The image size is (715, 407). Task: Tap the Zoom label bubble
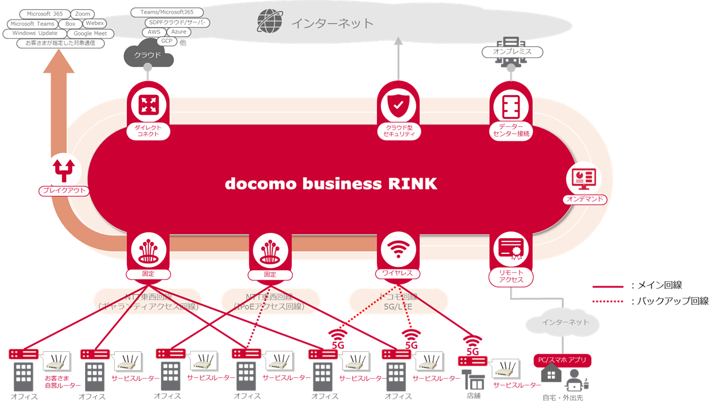pyautogui.click(x=82, y=14)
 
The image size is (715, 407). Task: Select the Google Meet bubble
pyautogui.click(x=90, y=33)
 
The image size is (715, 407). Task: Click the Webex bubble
pyautogui.click(x=95, y=23)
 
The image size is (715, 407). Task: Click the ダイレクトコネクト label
pyautogui.click(x=148, y=131)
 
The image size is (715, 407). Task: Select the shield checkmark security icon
pyautogui.click(x=398, y=104)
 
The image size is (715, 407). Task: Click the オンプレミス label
pyautogui.click(x=512, y=52)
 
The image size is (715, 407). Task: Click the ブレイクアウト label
pyautogui.click(x=64, y=191)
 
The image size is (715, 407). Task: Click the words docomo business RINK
pyautogui.click(x=331, y=184)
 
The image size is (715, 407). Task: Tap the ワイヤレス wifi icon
pyautogui.click(x=398, y=249)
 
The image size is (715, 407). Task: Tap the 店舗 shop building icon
pyautogui.click(x=473, y=381)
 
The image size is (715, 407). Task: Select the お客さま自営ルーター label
pyautogui.click(x=63, y=381)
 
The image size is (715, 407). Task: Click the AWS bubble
pyautogui.click(x=154, y=32)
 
